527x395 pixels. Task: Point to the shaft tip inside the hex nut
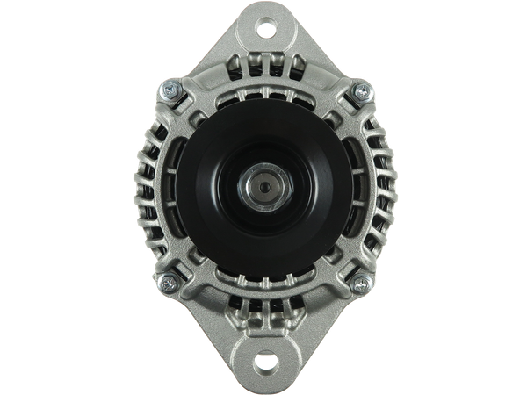(x=263, y=185)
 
